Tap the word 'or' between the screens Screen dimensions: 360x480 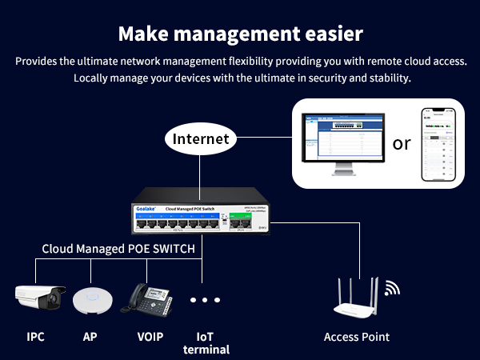click(x=402, y=143)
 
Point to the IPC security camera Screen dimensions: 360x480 click(x=38, y=298)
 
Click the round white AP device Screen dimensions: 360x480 click(x=90, y=300)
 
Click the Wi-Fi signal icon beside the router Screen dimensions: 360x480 click(x=393, y=288)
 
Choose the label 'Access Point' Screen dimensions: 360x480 click(x=357, y=337)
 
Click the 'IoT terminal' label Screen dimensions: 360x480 click(x=206, y=342)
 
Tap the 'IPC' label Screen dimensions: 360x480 click(x=35, y=337)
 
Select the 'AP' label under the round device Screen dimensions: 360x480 click(x=90, y=337)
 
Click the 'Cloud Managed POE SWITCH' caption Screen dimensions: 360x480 click(x=118, y=249)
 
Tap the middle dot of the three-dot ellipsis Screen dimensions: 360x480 click(x=205, y=300)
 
